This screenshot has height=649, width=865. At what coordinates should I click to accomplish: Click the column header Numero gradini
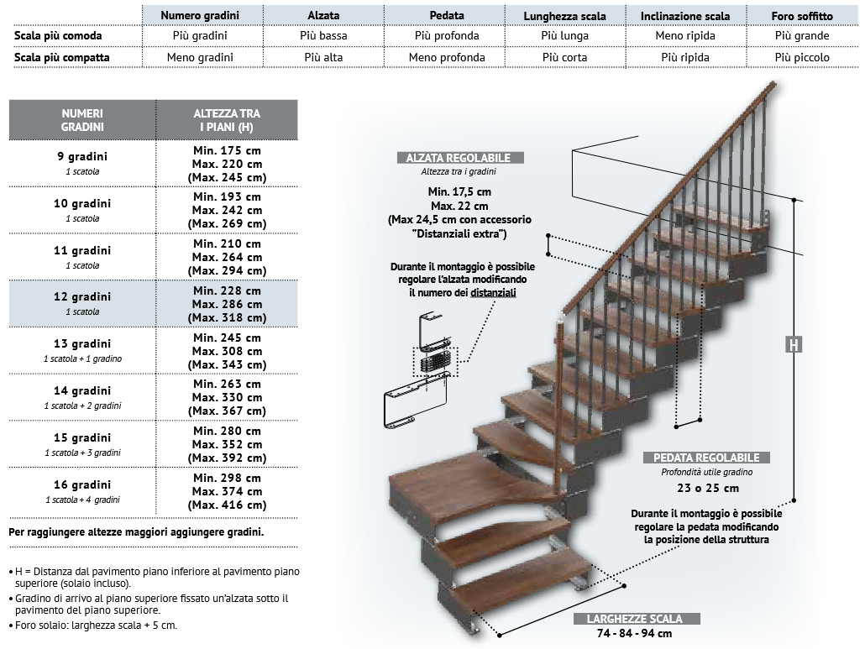pyautogui.click(x=200, y=16)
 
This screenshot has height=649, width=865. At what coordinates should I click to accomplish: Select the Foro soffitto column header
pyautogui.click(x=802, y=16)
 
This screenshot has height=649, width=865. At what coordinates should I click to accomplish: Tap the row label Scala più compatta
pyautogui.click(x=62, y=57)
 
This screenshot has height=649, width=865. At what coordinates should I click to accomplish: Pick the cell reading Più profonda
pyautogui.click(x=447, y=36)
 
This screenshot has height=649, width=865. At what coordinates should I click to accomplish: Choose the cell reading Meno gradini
pyautogui.click(x=200, y=57)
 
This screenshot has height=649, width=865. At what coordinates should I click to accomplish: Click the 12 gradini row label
pyautogui.click(x=82, y=297)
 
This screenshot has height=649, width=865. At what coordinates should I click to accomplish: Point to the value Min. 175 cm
pyautogui.click(x=227, y=150)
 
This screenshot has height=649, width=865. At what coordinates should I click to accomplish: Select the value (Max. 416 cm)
pyautogui.click(x=227, y=505)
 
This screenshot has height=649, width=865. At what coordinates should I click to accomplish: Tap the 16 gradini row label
pyautogui.click(x=82, y=485)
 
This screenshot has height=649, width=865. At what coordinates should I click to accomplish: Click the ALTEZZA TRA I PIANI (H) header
pyautogui.click(x=227, y=120)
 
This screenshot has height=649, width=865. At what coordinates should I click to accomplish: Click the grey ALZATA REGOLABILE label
pyautogui.click(x=459, y=158)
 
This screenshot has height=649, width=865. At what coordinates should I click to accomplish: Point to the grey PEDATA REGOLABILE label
pyautogui.click(x=706, y=458)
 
